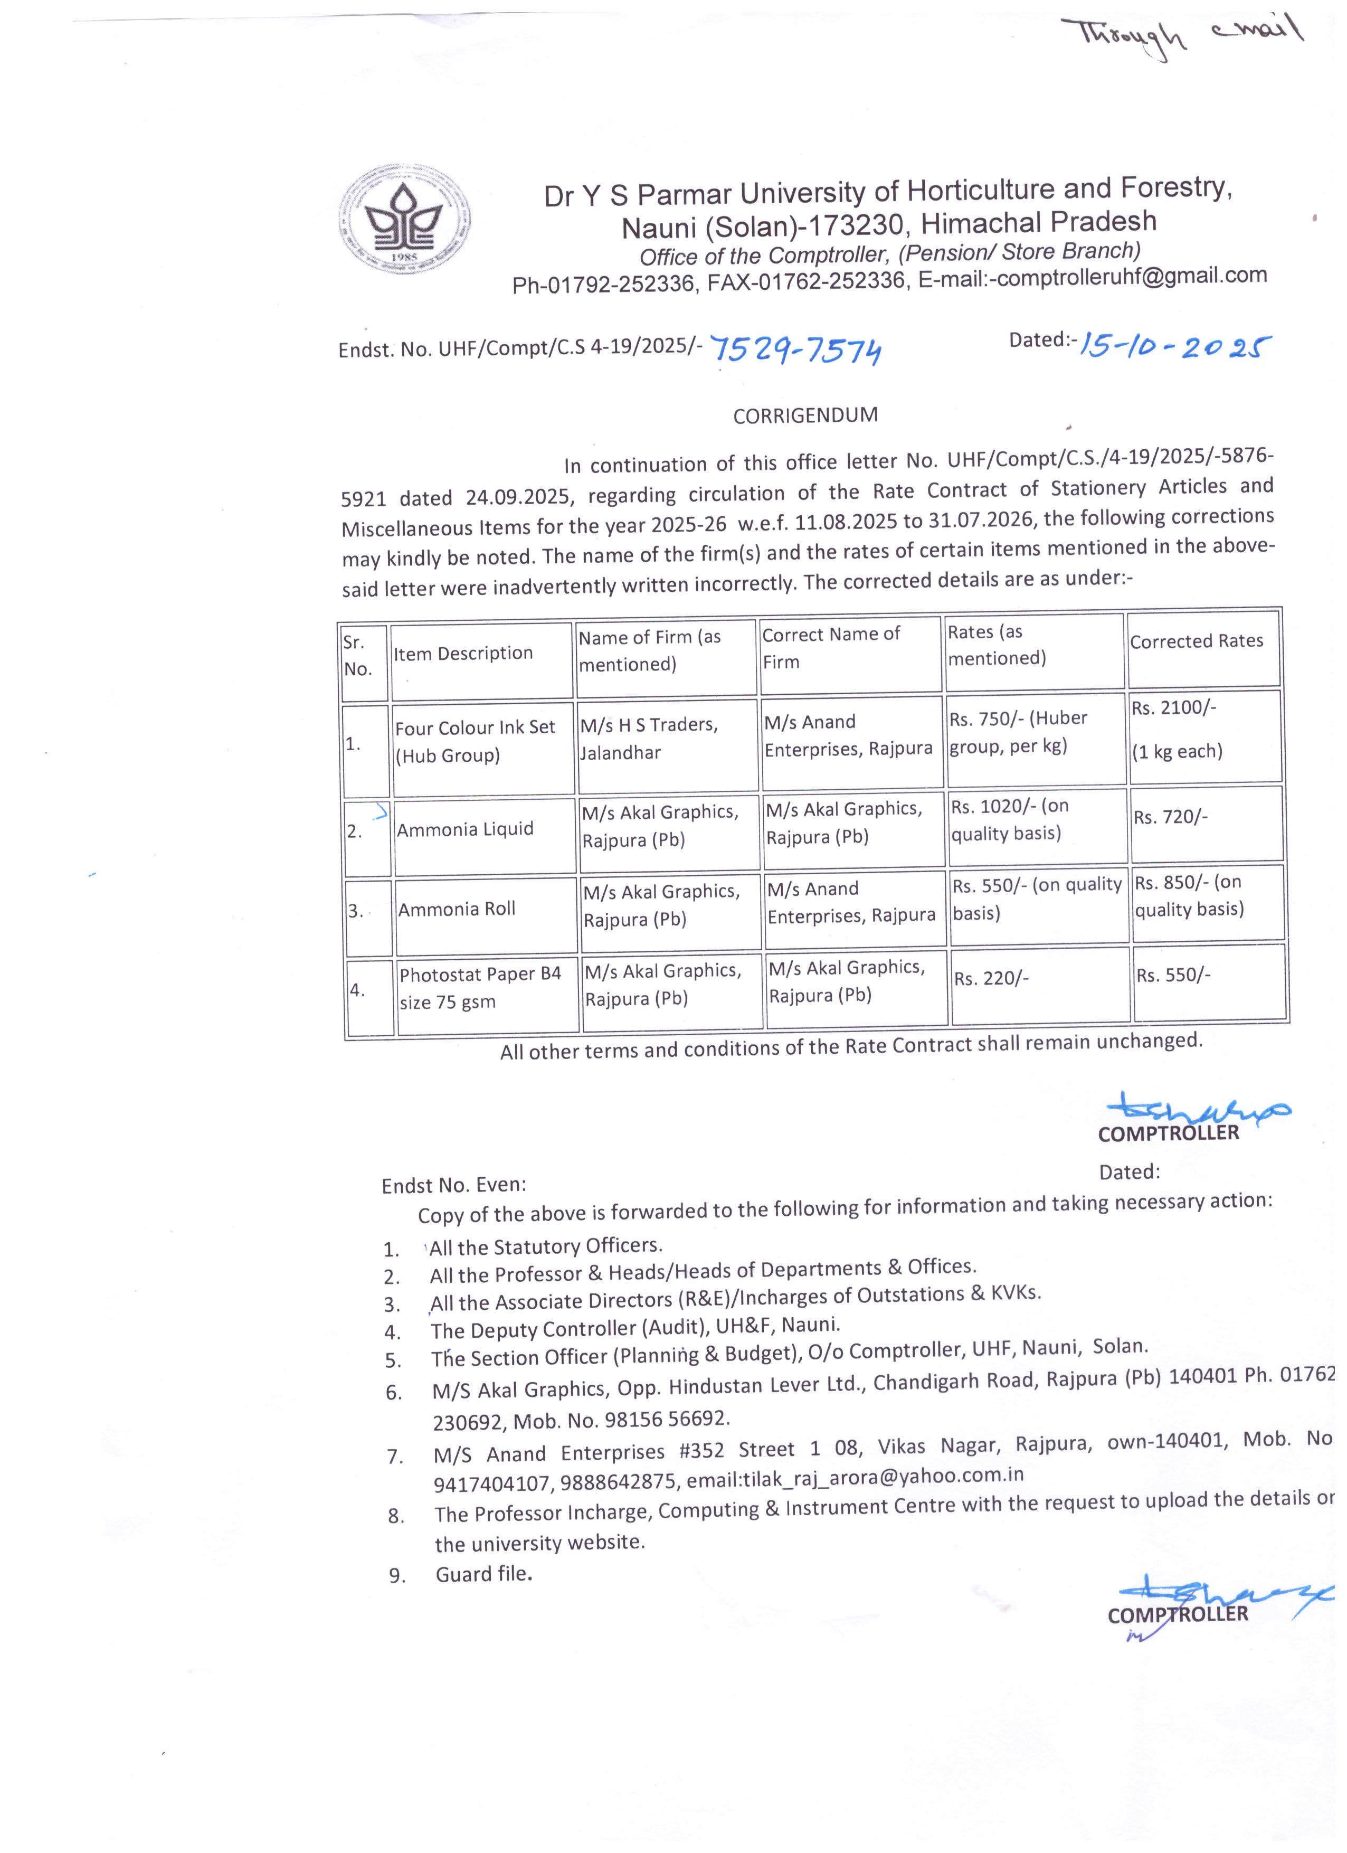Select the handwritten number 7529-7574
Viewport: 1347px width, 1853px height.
(x=796, y=349)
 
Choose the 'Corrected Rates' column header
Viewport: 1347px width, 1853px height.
(x=1196, y=641)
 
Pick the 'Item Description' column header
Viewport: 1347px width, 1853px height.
(x=463, y=654)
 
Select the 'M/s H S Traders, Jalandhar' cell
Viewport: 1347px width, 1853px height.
(x=649, y=739)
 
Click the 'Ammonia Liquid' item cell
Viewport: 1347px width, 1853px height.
(x=465, y=829)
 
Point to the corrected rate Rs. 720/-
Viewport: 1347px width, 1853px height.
(x=1170, y=817)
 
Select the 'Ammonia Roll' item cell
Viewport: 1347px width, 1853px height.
(x=457, y=909)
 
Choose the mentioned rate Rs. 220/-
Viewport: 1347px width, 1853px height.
(x=991, y=978)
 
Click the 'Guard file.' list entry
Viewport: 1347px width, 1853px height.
(x=483, y=1574)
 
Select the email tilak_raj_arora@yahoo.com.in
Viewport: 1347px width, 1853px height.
(x=855, y=1477)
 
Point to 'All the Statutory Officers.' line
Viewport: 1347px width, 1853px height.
(x=546, y=1246)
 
